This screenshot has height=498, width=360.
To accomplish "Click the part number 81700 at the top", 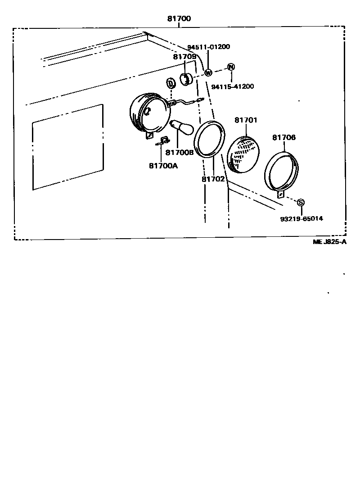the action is [x=179, y=19].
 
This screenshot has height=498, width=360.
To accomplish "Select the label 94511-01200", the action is [x=208, y=47].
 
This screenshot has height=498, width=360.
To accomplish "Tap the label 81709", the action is [x=184, y=57].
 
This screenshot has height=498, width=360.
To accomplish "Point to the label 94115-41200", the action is [x=232, y=86].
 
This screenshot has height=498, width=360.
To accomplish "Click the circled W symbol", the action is [x=208, y=72].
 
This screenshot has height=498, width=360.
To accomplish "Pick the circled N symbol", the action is [x=231, y=67].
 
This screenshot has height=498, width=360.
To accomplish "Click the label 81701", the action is [x=246, y=120].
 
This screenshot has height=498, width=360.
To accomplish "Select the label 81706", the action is [x=284, y=137].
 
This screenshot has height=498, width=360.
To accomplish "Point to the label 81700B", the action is [x=179, y=153].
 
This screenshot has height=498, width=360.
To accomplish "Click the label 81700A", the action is [x=163, y=165].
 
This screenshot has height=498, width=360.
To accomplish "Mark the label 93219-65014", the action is [x=301, y=218].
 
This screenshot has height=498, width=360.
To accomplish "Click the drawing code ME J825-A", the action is [x=330, y=242].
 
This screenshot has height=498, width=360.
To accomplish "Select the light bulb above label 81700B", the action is [x=179, y=127].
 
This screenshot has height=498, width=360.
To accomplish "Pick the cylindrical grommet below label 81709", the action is [x=186, y=79].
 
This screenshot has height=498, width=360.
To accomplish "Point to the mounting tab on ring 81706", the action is [x=281, y=194].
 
